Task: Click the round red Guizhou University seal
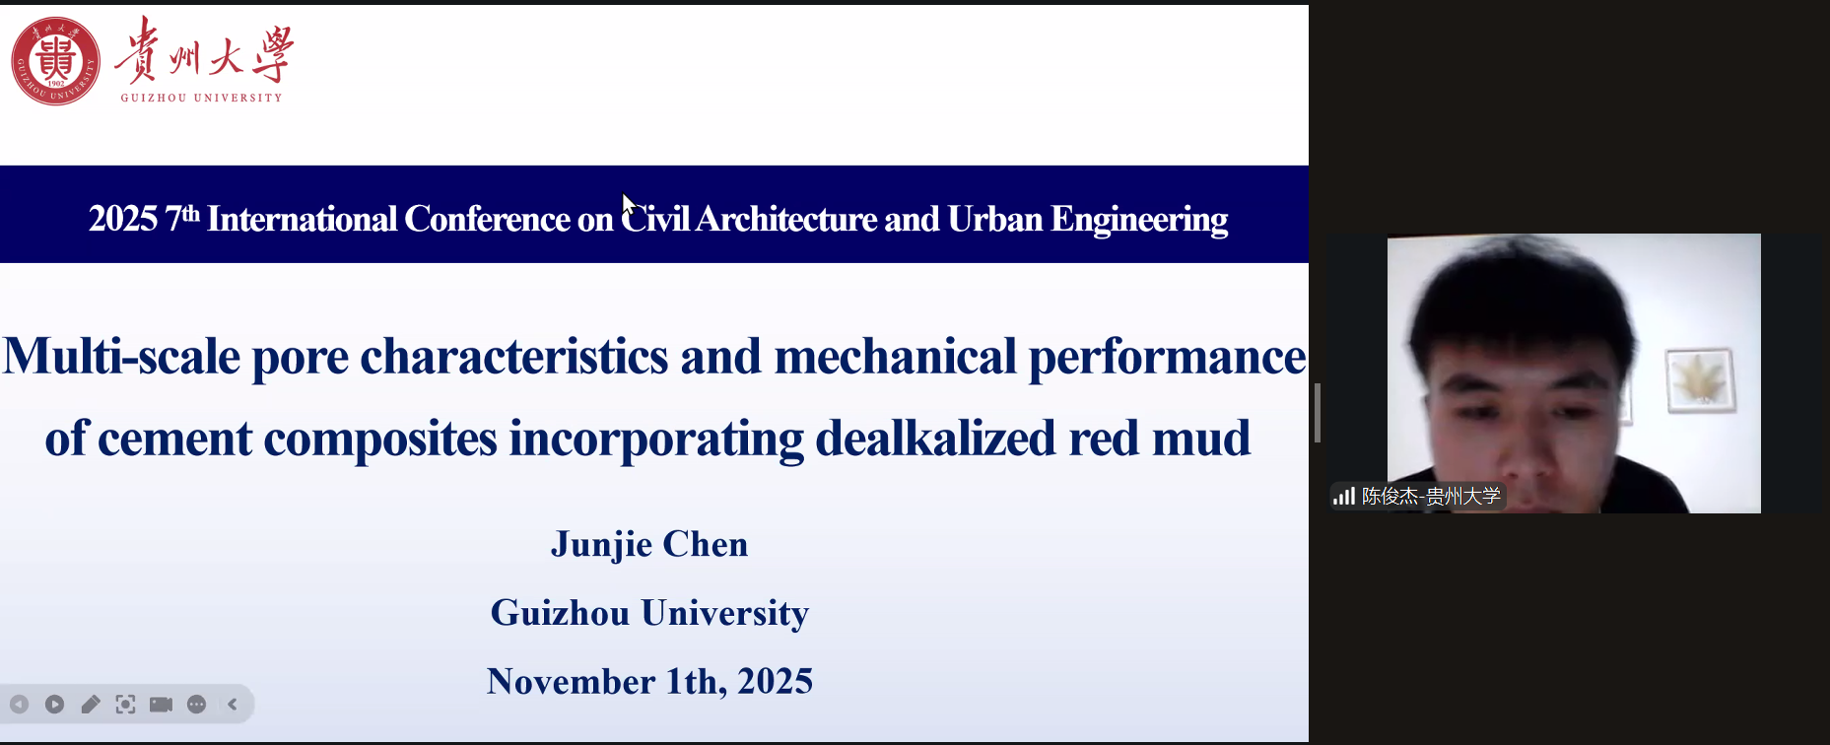(55, 61)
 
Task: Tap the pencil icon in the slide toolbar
(91, 704)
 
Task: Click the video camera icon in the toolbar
(161, 704)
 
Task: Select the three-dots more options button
(196, 704)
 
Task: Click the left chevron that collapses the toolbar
(233, 704)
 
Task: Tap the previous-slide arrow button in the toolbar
(19, 704)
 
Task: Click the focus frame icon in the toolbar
(125, 704)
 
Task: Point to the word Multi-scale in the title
(121, 356)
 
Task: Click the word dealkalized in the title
(935, 438)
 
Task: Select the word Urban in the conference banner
(994, 219)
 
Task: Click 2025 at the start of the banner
(123, 219)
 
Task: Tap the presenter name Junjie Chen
(649, 544)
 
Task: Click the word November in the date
(571, 681)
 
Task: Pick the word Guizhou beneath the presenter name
(560, 613)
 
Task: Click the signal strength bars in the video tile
(1344, 496)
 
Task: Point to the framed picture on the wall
(1700, 379)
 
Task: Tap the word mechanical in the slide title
(895, 356)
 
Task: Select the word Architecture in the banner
(786, 219)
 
